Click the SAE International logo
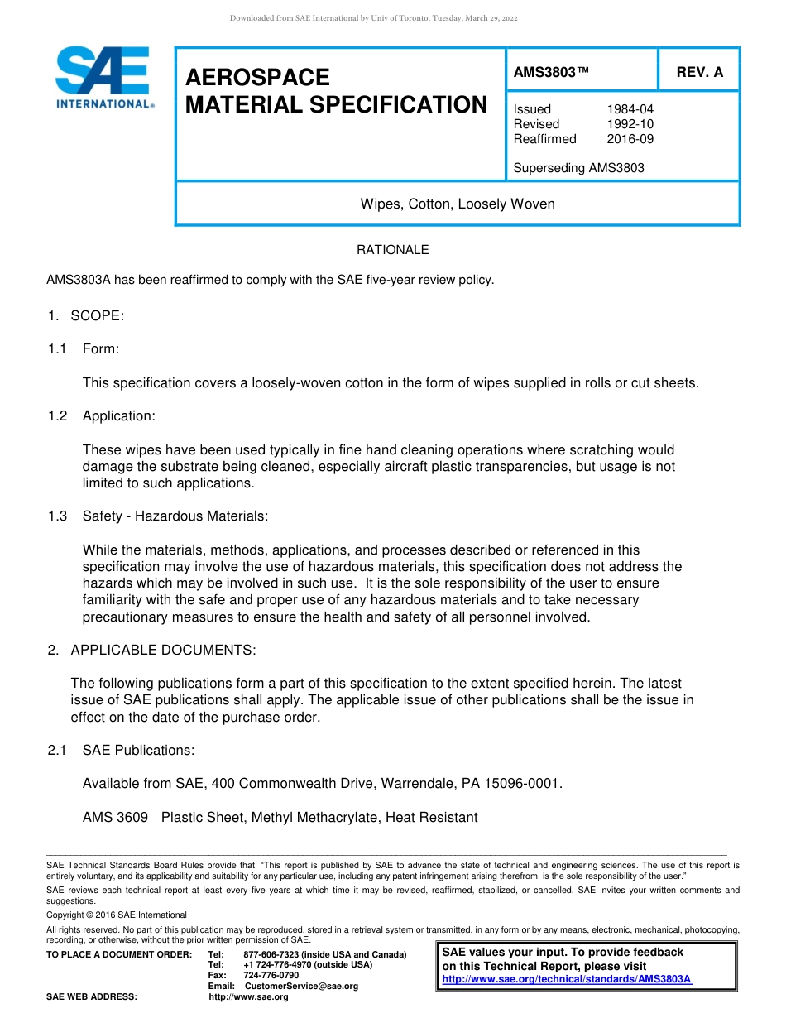(x=103, y=78)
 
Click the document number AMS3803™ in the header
(x=551, y=72)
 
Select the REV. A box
(x=699, y=72)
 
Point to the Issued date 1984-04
(x=630, y=109)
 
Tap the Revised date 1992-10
(x=630, y=124)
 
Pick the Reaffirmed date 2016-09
(x=630, y=139)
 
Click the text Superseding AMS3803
(x=578, y=168)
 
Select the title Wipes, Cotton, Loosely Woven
(x=457, y=204)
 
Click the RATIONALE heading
(x=392, y=250)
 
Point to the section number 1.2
(x=57, y=415)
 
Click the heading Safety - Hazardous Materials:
(x=175, y=516)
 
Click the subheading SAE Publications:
(x=138, y=750)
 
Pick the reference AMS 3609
(x=115, y=818)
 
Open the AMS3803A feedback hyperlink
(x=567, y=979)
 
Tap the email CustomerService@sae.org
(x=301, y=986)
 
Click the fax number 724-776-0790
(x=271, y=975)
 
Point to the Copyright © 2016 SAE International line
(x=117, y=915)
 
